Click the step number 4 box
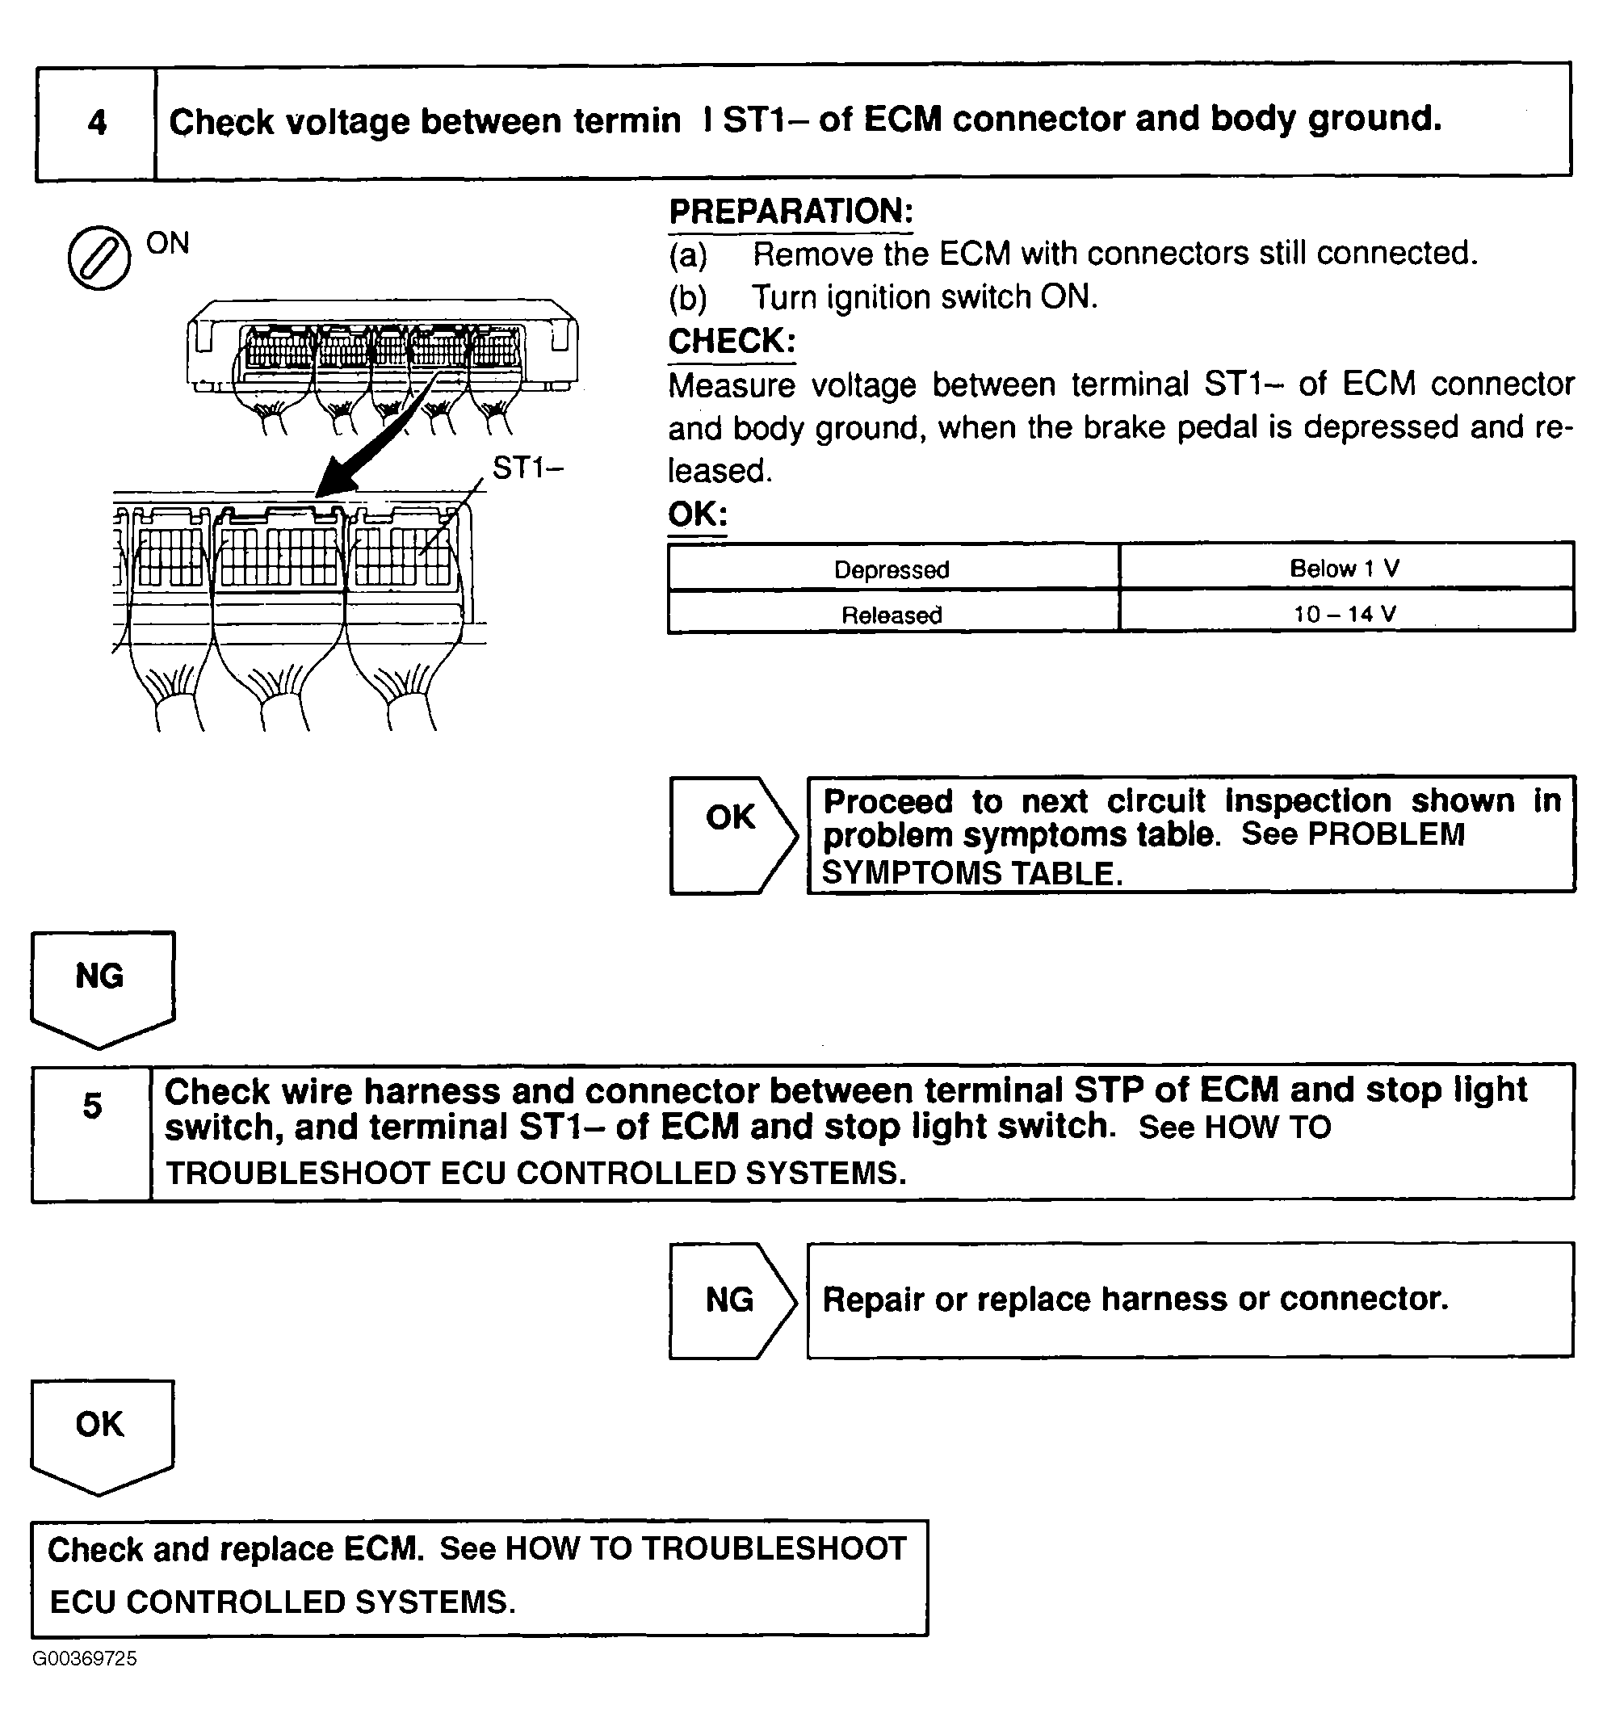click(96, 123)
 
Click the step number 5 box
click(92, 1132)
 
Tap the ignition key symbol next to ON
click(99, 258)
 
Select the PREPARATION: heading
click(790, 212)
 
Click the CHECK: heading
click(731, 341)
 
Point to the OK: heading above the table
click(696, 514)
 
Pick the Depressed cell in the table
click(892, 569)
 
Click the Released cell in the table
click(892, 615)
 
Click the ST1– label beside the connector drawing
click(528, 468)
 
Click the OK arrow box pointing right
click(732, 834)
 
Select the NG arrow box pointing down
click(101, 985)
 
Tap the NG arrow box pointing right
click(731, 1300)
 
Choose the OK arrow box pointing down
click(101, 1433)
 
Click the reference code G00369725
click(84, 1658)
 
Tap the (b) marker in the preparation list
click(687, 298)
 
